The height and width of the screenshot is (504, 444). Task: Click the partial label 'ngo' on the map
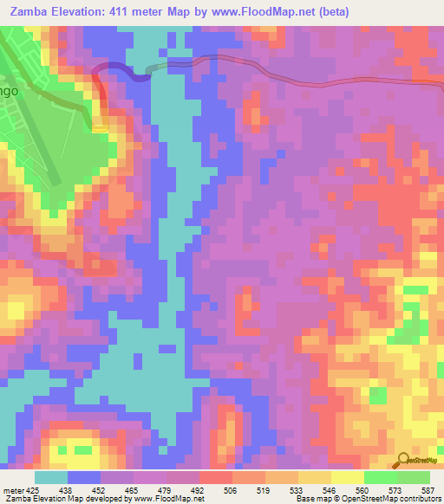(9, 88)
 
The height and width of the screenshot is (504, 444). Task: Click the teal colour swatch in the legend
(51, 476)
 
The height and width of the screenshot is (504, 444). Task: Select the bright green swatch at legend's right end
(414, 476)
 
